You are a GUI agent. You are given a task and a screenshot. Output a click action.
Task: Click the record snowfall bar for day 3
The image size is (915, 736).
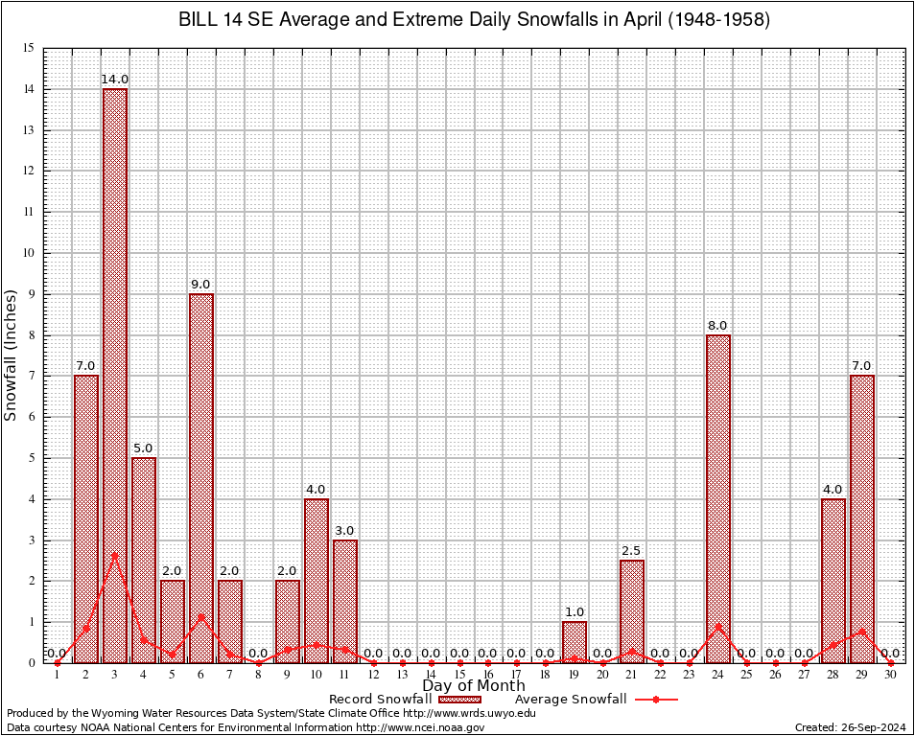pyautogui.click(x=115, y=374)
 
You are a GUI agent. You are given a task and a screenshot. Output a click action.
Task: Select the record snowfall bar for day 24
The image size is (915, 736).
pyautogui.click(x=718, y=498)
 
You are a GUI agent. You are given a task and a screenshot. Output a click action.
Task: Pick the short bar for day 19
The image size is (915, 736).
pyautogui.click(x=575, y=642)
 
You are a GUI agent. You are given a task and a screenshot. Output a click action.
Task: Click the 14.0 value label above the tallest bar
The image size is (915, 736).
pyautogui.click(x=115, y=80)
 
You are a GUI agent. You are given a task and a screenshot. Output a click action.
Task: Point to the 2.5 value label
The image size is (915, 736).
pyautogui.click(x=631, y=551)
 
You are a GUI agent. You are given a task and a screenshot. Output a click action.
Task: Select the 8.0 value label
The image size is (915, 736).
pyautogui.click(x=718, y=326)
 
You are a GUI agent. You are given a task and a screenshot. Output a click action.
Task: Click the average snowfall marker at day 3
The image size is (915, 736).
pyautogui.click(x=115, y=555)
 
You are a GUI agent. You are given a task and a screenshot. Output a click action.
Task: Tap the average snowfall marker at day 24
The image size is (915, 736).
pyautogui.click(x=718, y=627)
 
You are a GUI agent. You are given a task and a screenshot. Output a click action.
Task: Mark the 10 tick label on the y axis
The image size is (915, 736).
pyautogui.click(x=29, y=253)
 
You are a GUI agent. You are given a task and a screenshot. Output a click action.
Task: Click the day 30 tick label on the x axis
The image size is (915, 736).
pyautogui.click(x=891, y=676)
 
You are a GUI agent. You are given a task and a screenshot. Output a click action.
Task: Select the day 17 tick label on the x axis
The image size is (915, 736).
pyautogui.click(x=517, y=676)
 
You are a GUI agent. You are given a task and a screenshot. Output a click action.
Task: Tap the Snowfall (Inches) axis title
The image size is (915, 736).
pyautogui.click(x=12, y=355)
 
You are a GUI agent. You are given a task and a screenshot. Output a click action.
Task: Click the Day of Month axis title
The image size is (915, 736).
pyautogui.click(x=474, y=685)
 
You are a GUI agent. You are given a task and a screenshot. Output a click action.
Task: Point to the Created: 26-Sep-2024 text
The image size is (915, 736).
pyautogui.click(x=850, y=727)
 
